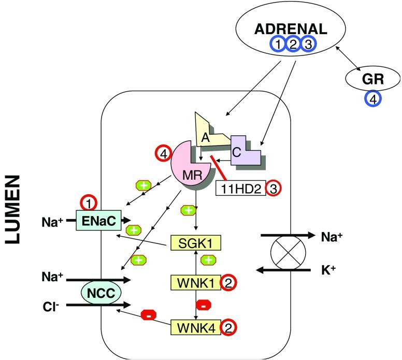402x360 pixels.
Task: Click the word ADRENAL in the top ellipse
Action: click(291, 30)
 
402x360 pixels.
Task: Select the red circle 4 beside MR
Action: click(162, 154)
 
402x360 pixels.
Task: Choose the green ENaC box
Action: click(98, 220)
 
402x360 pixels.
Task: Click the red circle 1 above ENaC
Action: click(89, 202)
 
